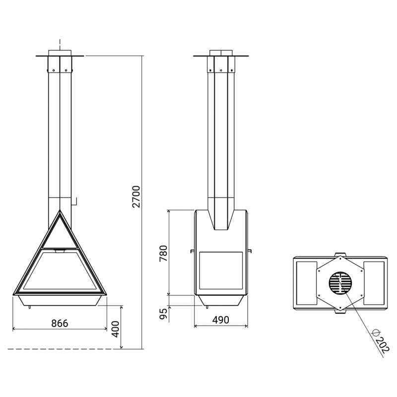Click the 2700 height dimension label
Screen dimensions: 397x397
[x=136, y=197]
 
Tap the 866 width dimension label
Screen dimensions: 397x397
[x=60, y=324]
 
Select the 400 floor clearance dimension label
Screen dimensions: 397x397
[x=116, y=329]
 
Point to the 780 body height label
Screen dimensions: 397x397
[x=163, y=254]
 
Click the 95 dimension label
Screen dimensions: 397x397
[x=164, y=314]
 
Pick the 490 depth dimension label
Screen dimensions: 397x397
[x=221, y=320]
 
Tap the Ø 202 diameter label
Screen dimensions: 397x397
[x=380, y=341]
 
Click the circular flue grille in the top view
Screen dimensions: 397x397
[x=340, y=283]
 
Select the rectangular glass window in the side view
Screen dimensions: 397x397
[x=221, y=270]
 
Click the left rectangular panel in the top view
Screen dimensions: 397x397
[x=307, y=283]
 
